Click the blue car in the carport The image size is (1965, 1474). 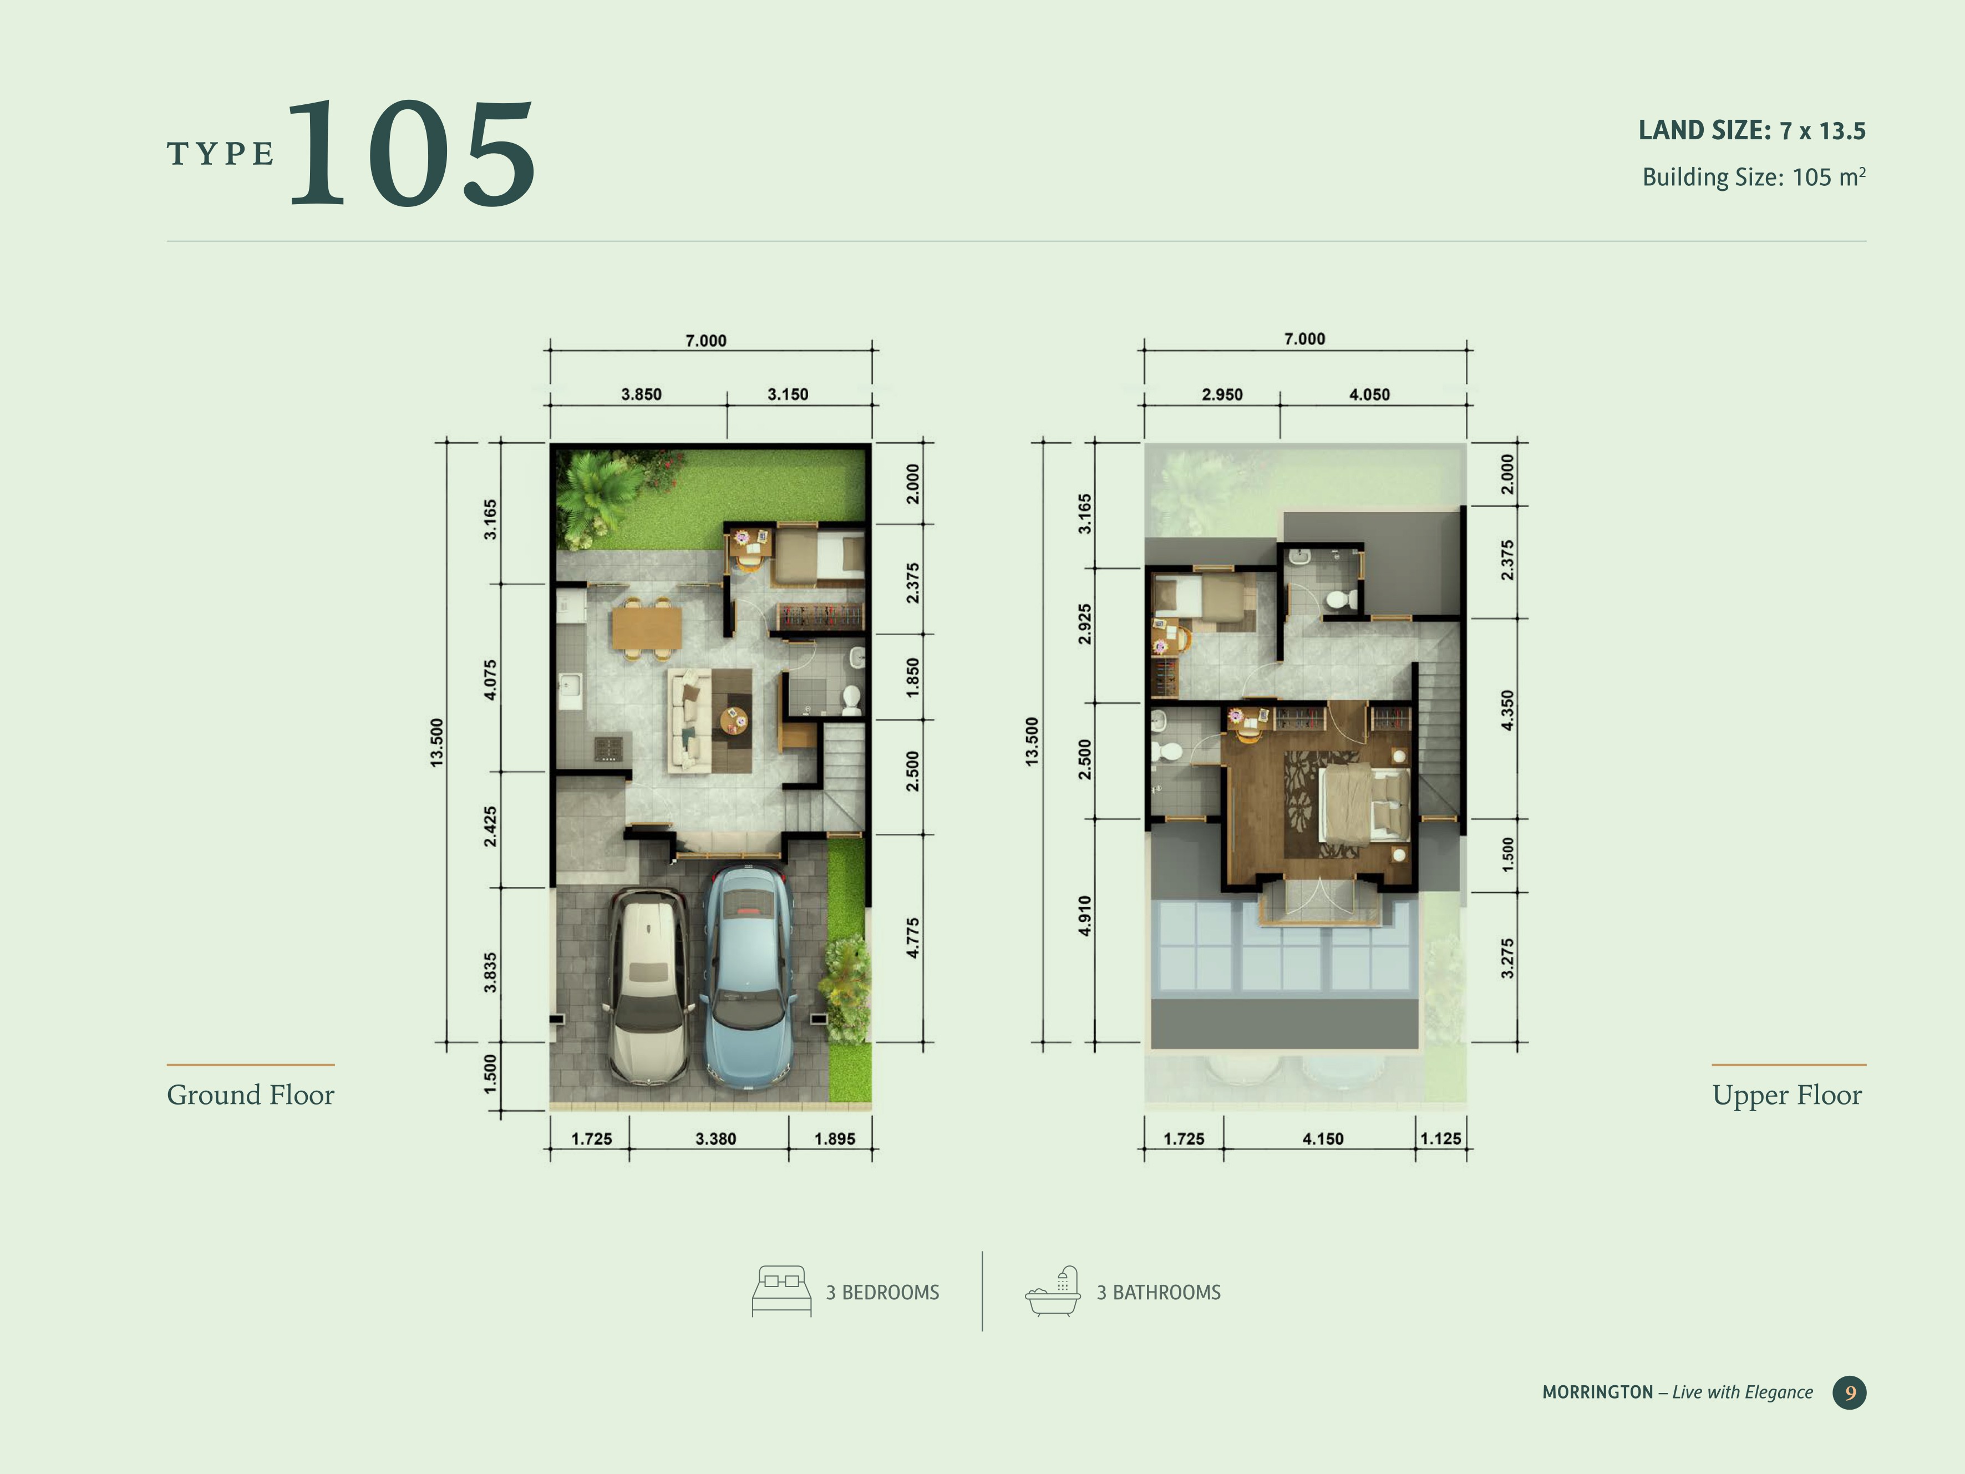pos(749,977)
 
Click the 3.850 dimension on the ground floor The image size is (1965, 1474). pos(641,394)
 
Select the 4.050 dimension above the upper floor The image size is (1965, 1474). pos(1369,394)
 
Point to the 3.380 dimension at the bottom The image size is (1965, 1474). pos(715,1139)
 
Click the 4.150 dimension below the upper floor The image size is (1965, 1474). pos(1323,1139)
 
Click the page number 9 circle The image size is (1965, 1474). pos(1850,1392)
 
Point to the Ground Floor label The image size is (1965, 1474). pos(251,1095)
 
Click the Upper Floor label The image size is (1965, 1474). pos(1786,1095)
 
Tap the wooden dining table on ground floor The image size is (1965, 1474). pos(647,628)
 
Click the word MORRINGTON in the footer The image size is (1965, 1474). pos(1597,1392)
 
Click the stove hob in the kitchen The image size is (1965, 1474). pos(608,748)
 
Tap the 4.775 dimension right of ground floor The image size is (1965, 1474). pos(913,938)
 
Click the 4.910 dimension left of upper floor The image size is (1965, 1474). pos(1085,916)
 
